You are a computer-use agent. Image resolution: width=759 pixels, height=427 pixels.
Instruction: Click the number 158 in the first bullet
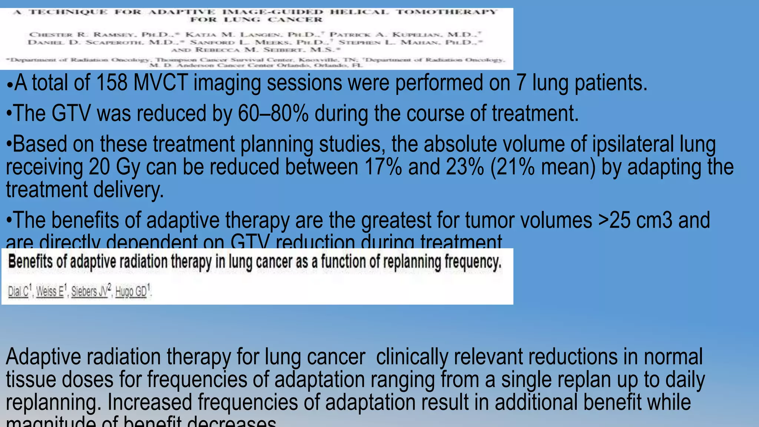pyautogui.click(x=112, y=83)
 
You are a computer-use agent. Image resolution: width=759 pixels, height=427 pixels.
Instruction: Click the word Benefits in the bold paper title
pyautogui.click(x=30, y=262)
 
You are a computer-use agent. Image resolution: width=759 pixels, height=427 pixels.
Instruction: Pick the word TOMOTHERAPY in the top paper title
pyautogui.click(x=446, y=12)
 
